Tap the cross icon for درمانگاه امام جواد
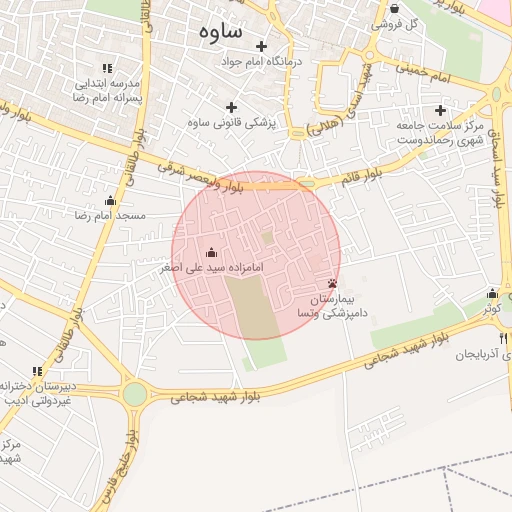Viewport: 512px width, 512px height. coord(262,46)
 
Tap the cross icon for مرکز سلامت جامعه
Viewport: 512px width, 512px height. coord(441,109)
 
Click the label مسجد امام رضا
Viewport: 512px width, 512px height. coord(111,215)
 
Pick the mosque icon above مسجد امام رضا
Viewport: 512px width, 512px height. coord(111,201)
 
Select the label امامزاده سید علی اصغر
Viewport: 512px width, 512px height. coord(210,268)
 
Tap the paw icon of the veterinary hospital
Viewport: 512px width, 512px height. coord(332,284)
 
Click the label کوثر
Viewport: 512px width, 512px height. coord(490,309)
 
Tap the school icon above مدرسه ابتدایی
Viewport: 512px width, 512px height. coord(108,67)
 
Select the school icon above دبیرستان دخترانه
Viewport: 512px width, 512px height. coord(36,371)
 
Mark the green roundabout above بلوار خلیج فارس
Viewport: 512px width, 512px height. coord(134,394)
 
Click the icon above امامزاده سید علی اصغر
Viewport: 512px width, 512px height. coord(210,253)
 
